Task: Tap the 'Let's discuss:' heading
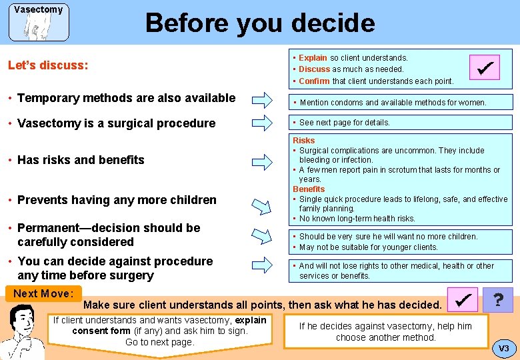(x=47, y=65)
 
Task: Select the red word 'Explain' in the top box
(x=313, y=58)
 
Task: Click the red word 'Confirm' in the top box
(x=314, y=81)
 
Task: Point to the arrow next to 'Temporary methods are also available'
(x=261, y=101)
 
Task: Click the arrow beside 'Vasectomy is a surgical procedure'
(x=261, y=123)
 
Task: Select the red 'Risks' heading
(x=304, y=141)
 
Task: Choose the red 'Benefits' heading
(x=309, y=189)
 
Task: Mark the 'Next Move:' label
(x=43, y=294)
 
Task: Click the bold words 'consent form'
(x=101, y=331)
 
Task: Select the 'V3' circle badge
(x=503, y=348)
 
